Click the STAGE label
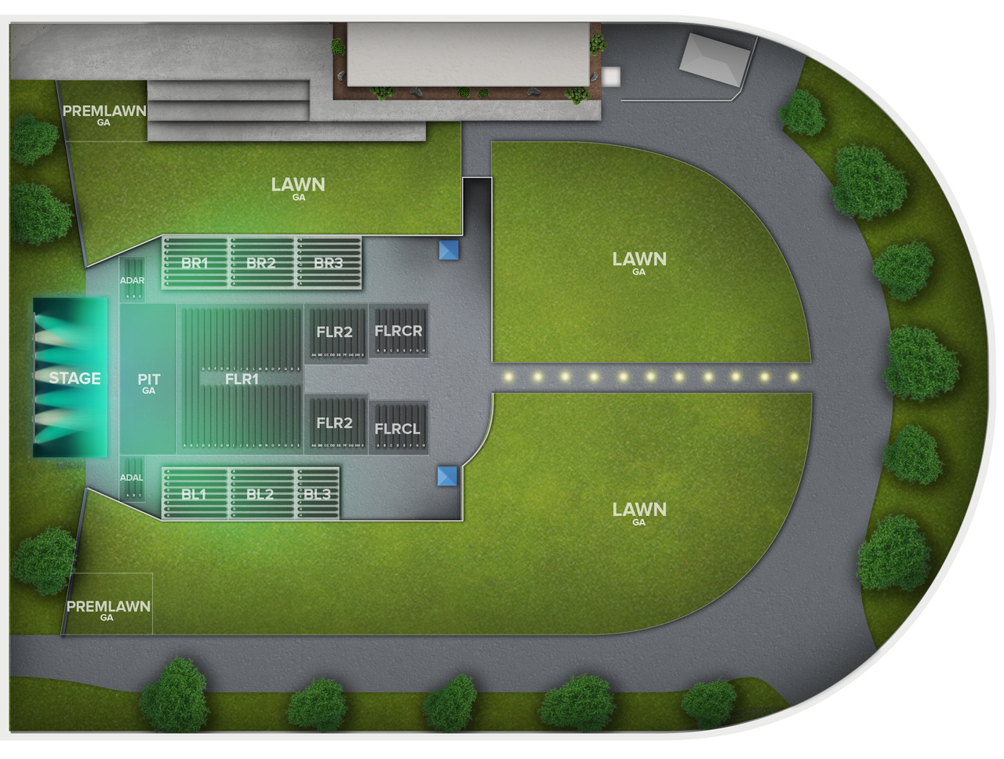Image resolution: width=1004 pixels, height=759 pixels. [x=75, y=378]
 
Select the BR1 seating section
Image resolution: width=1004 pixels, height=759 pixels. [x=195, y=263]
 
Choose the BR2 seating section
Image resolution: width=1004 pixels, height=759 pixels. [x=260, y=263]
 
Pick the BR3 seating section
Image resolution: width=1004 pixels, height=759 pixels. [x=328, y=263]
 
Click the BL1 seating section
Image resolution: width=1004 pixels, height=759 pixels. [x=194, y=494]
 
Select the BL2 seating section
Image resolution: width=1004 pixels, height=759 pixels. [x=260, y=494]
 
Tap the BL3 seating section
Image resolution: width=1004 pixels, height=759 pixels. [x=317, y=494]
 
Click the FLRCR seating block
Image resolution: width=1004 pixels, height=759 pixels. [x=398, y=331]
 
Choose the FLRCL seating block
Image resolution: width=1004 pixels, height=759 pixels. [x=398, y=428]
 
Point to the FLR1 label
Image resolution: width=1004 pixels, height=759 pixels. [x=242, y=379]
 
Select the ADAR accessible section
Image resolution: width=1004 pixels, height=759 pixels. [x=132, y=280]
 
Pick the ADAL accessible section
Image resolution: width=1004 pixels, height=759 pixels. [x=132, y=478]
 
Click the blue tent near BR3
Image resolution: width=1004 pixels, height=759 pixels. [x=449, y=250]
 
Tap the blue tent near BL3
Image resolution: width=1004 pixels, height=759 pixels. [x=447, y=475]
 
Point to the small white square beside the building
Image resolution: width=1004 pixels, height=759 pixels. [x=611, y=76]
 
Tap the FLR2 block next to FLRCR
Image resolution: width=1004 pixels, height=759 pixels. [x=335, y=332]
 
